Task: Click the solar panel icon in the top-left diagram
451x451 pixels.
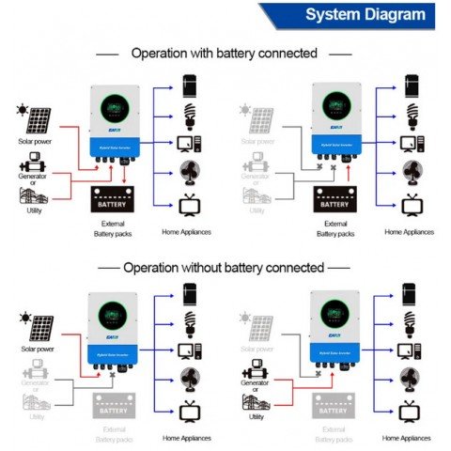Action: point(39,120)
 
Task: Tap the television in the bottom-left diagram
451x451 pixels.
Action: point(190,411)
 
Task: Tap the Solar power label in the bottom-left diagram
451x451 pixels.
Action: point(39,349)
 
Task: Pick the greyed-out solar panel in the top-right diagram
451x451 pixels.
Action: point(259,119)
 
